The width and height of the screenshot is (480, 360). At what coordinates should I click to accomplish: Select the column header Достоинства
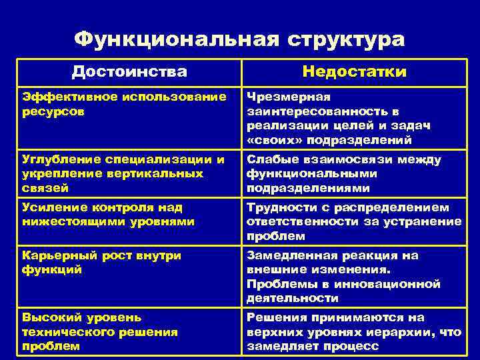(129, 71)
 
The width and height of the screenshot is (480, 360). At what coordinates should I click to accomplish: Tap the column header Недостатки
(354, 71)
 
